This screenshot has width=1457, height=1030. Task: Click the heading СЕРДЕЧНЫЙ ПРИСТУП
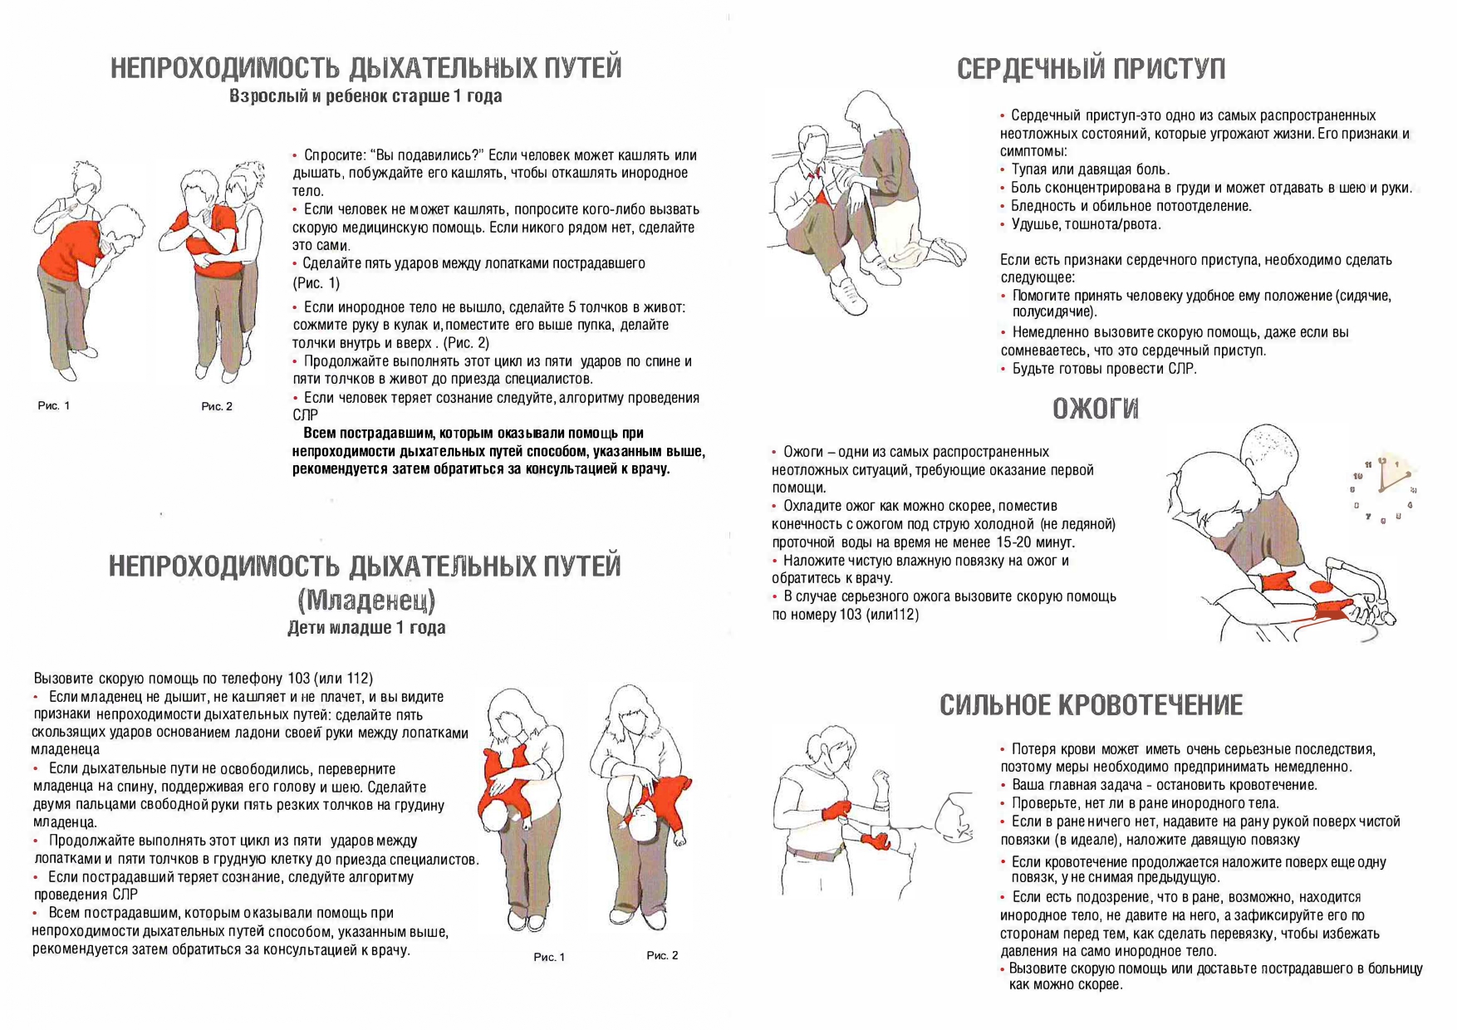1091,68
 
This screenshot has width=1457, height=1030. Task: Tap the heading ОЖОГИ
1095,409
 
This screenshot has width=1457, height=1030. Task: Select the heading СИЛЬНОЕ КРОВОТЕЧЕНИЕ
1092,705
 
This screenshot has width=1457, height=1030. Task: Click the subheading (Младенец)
366,598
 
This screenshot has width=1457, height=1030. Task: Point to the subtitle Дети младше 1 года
366,627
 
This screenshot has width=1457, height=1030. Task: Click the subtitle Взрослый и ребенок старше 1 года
365,96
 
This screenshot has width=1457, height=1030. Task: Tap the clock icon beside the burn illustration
1382,489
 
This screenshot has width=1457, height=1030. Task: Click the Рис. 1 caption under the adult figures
54,405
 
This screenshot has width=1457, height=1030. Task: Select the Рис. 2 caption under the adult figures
217,406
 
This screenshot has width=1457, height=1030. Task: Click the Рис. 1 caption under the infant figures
549,957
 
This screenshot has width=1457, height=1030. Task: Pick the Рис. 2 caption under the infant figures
662,955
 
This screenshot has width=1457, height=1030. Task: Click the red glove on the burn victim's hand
1278,581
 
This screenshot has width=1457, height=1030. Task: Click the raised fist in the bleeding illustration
881,781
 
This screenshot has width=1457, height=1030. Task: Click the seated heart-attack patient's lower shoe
849,297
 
